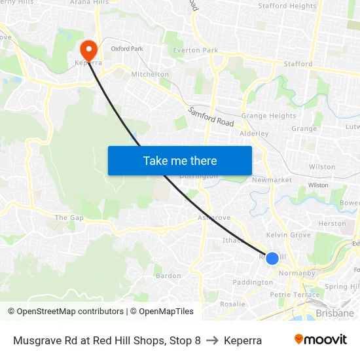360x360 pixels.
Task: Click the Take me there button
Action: click(x=180, y=160)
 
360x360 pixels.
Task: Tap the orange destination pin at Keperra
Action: click(x=88, y=48)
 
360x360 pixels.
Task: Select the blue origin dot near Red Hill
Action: click(x=272, y=259)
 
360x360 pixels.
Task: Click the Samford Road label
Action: click(x=211, y=118)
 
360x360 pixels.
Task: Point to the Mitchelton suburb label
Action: click(x=150, y=75)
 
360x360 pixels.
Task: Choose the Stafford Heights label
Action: click(x=287, y=6)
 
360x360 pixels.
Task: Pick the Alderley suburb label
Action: click(x=254, y=134)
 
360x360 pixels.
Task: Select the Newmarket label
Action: click(x=272, y=180)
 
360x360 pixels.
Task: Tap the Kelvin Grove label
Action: click(x=289, y=235)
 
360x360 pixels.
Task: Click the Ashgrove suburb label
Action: click(x=214, y=217)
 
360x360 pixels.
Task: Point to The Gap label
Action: click(x=69, y=217)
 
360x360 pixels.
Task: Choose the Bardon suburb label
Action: click(x=168, y=276)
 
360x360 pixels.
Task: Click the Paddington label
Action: click(x=253, y=283)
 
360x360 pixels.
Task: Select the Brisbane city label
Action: click(x=334, y=314)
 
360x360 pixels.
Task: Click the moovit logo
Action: click(x=320, y=340)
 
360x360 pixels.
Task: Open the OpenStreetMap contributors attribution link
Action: click(x=65, y=312)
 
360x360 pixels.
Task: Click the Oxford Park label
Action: click(x=127, y=48)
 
